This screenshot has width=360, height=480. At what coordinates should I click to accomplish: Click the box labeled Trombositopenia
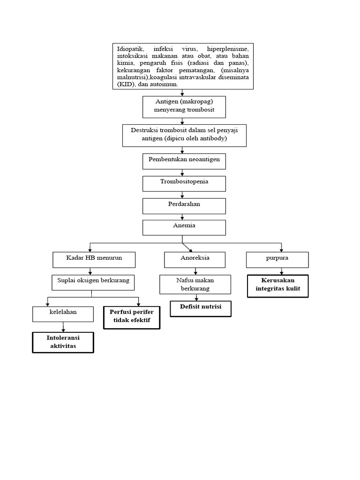(184, 183)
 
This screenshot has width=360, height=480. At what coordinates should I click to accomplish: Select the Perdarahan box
(184, 205)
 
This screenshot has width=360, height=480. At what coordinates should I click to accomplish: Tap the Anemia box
(184, 227)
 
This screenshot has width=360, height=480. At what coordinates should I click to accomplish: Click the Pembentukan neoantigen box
(184, 161)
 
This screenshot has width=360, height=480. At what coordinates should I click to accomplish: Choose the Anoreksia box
(195, 259)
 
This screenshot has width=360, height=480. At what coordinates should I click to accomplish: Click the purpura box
(277, 259)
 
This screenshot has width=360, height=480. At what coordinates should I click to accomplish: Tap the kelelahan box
(63, 314)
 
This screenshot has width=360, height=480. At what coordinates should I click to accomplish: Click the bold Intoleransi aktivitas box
(63, 342)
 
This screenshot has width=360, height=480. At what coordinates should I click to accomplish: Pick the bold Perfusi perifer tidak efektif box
(131, 317)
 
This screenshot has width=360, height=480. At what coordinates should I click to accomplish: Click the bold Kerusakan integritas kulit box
(277, 285)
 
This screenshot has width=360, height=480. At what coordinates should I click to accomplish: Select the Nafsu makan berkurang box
(195, 285)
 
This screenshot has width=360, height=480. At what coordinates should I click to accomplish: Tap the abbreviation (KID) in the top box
(126, 84)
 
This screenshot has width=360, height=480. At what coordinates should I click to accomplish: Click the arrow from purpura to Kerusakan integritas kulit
(281, 271)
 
